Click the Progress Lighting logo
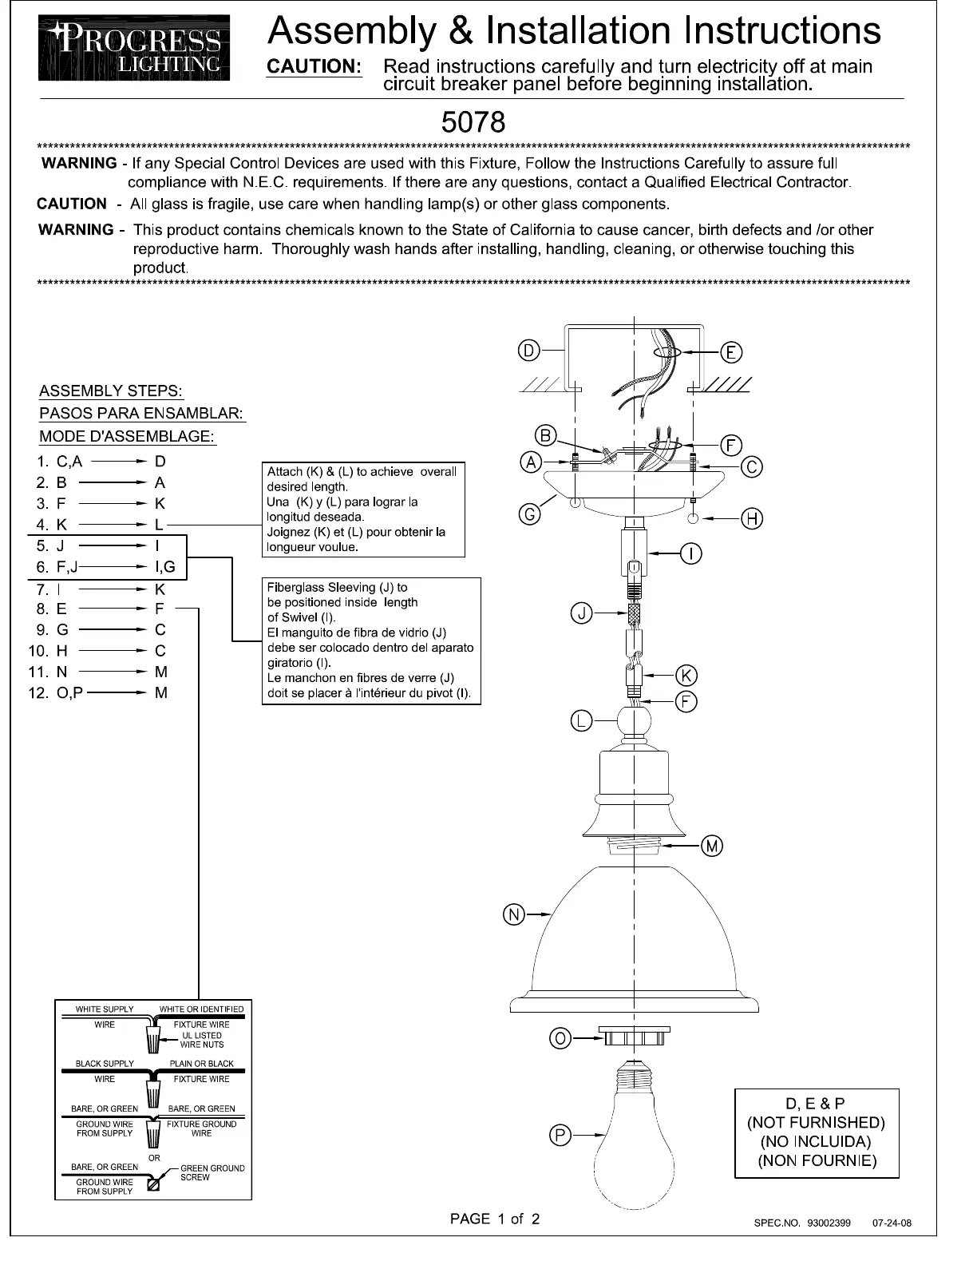tap(134, 48)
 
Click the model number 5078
tap(473, 122)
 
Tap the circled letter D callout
tap(528, 351)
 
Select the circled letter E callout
tap(731, 352)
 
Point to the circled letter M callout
tap(712, 846)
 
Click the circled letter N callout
tap(513, 914)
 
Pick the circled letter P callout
tap(560, 1135)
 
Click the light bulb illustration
tap(634, 1130)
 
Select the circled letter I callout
tap(690, 553)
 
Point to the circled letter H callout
tap(752, 519)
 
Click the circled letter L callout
tap(581, 721)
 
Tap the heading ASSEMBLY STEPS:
tap(111, 391)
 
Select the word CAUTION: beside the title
tap(314, 67)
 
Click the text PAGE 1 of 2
tap(495, 1219)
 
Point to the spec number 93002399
tap(829, 1223)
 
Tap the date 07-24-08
tap(892, 1223)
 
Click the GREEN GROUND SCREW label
tap(212, 1172)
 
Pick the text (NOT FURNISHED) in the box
tap(816, 1123)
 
